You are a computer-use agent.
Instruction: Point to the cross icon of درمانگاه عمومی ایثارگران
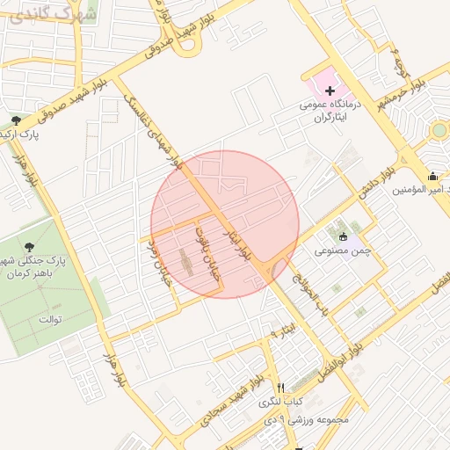(x=330, y=91)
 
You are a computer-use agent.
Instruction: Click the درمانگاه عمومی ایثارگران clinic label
(x=327, y=110)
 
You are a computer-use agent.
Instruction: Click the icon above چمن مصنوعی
(x=343, y=236)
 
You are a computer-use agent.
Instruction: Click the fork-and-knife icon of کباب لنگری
(x=280, y=388)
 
